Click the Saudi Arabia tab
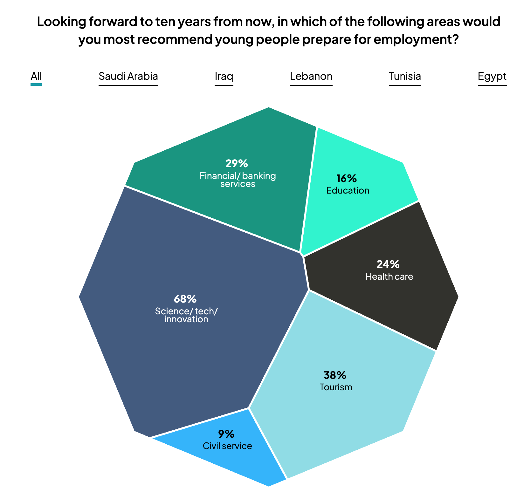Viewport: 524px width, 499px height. [128, 77]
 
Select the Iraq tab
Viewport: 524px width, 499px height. [224, 77]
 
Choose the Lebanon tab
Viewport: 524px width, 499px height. [311, 77]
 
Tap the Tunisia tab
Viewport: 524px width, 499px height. [405, 77]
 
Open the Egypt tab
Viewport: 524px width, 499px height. [492, 77]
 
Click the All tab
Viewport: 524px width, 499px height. [36, 77]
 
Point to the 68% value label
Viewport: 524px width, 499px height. [185, 299]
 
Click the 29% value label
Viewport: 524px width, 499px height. [237, 164]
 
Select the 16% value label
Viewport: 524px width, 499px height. [347, 179]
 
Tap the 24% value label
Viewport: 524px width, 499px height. [388, 264]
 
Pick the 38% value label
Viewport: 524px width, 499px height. [335, 375]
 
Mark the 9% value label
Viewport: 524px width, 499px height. [226, 434]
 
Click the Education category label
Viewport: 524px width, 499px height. [348, 191]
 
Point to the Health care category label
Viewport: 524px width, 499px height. [389, 277]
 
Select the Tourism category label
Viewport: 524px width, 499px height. [336, 387]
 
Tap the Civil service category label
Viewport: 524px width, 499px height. [227, 446]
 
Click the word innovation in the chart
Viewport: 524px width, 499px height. [186, 319]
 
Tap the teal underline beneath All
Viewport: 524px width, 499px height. [36, 85]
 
